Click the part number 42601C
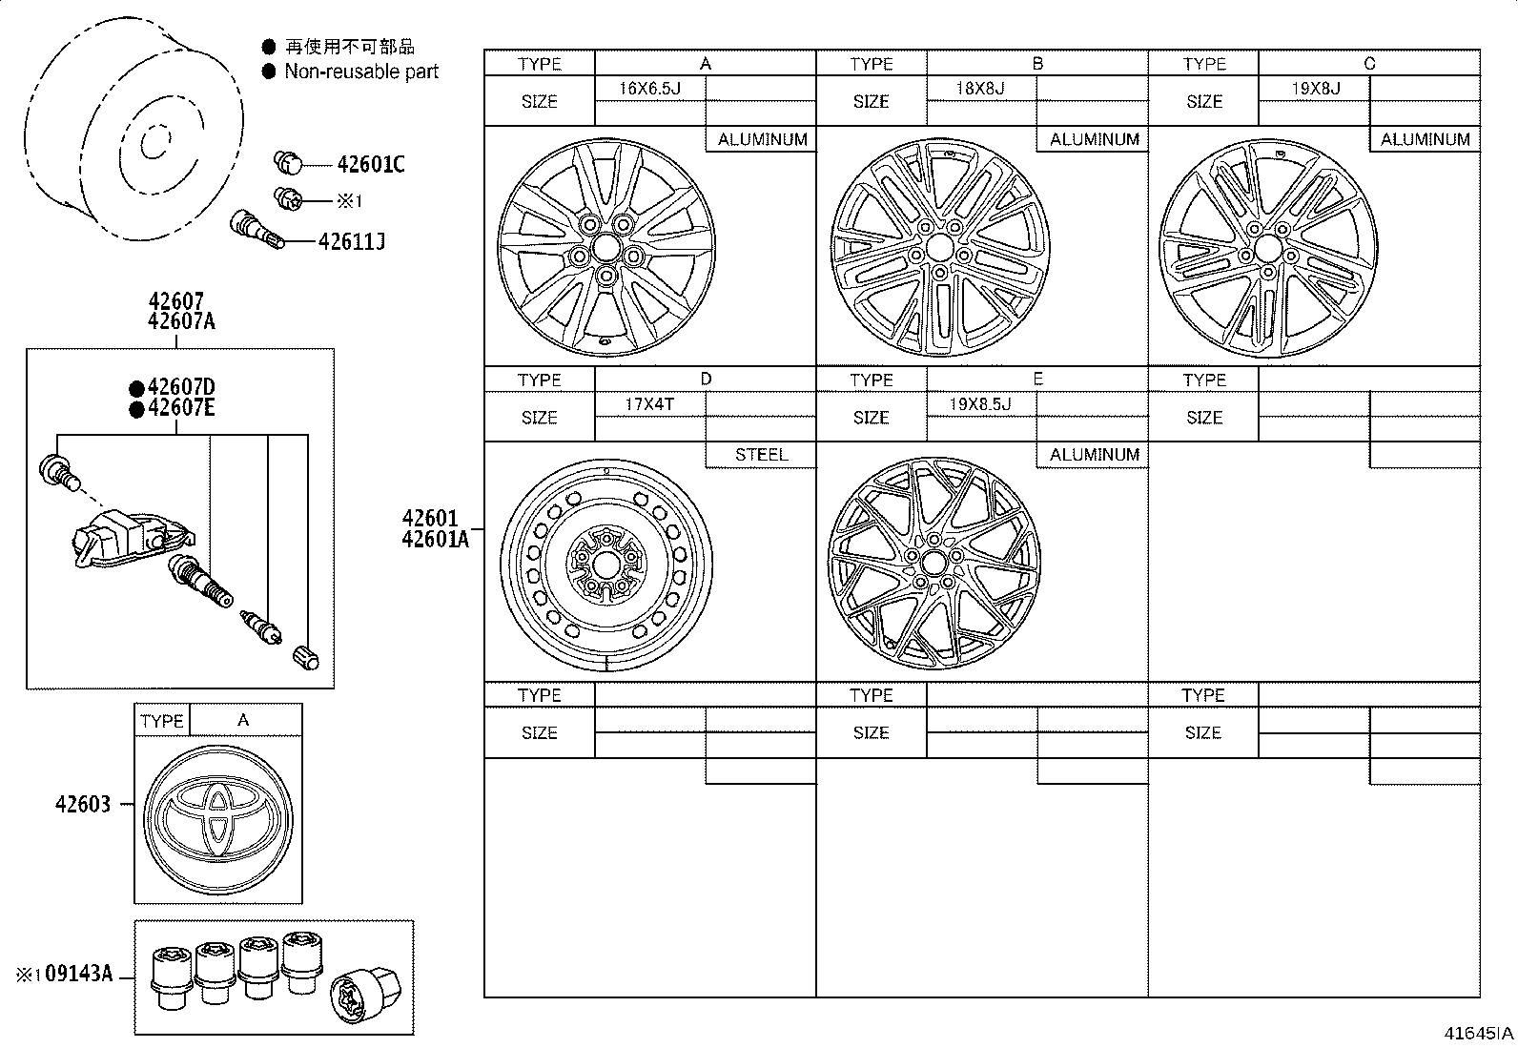point(370,165)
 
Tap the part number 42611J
point(351,241)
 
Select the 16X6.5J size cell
point(649,89)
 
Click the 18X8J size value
point(980,89)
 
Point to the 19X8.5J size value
point(980,404)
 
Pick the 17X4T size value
point(649,404)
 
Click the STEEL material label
point(761,455)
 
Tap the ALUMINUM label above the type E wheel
point(1094,455)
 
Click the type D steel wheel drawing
point(605,567)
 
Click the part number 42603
point(82,804)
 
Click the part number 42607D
point(181,387)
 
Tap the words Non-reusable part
point(361,72)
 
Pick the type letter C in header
point(1369,64)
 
